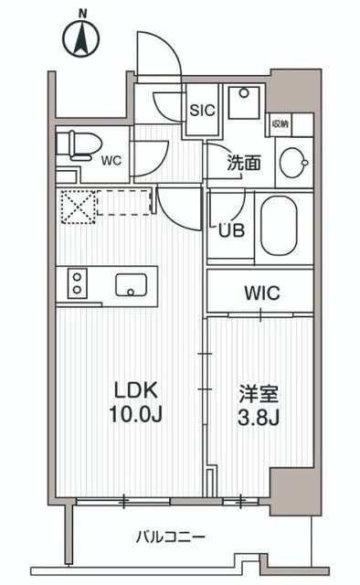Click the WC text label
(111, 161)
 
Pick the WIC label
(261, 293)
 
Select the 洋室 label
(259, 396)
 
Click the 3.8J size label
(259, 420)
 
